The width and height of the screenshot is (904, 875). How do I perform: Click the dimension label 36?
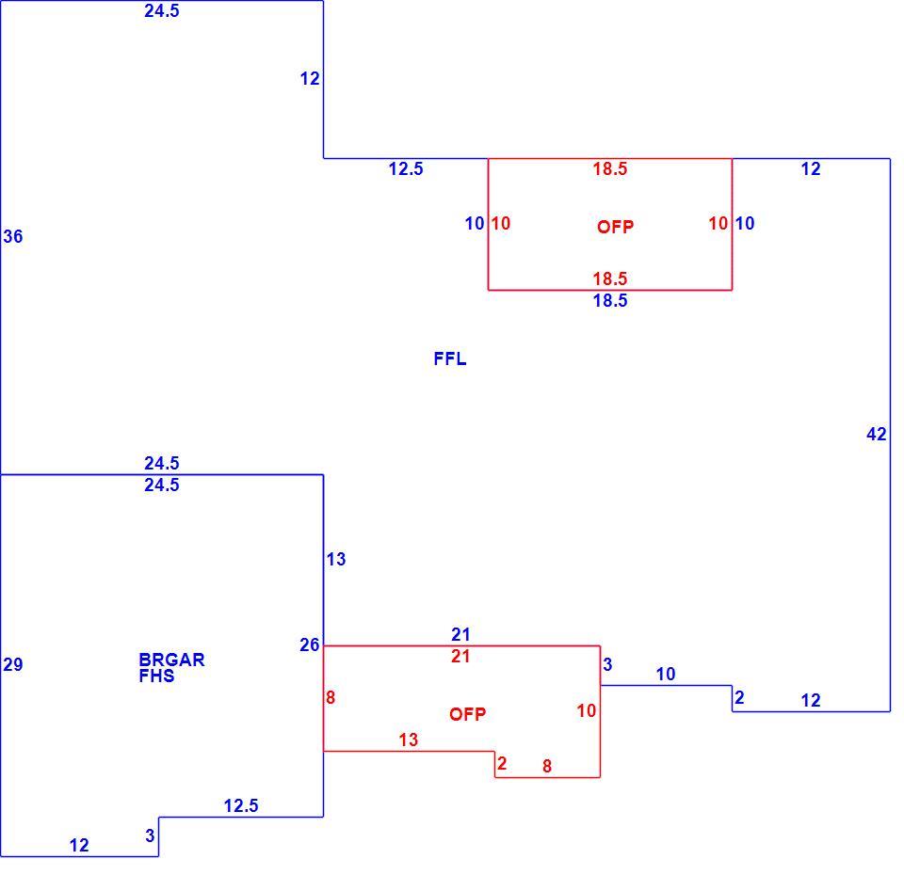(12, 236)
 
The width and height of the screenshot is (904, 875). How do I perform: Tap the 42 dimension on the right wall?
(877, 435)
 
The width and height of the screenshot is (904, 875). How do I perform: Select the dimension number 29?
(12, 665)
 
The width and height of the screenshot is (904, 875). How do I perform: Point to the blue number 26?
(310, 645)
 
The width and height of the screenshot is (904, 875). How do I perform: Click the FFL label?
(450, 358)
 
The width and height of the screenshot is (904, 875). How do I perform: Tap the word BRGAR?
(171, 660)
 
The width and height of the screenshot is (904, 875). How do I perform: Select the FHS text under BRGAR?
(156, 676)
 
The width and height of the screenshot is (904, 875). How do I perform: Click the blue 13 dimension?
(336, 559)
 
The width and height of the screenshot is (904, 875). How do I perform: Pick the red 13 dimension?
(408, 740)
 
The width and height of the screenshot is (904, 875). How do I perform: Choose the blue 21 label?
(460, 634)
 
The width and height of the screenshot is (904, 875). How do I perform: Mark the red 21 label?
(460, 656)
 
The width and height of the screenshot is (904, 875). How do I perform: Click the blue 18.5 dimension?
(610, 300)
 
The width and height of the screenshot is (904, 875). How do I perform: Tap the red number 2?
(502, 763)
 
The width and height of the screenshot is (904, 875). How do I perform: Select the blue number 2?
(740, 697)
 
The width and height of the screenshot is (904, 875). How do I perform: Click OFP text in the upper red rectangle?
(615, 227)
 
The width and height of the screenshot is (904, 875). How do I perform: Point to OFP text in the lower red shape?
(468, 714)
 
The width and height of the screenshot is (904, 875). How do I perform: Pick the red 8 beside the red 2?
(547, 766)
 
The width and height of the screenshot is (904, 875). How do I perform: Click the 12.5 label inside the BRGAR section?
(241, 806)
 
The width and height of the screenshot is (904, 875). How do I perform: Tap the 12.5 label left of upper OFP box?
(406, 168)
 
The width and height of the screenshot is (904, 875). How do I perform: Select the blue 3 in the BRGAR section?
(150, 835)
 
